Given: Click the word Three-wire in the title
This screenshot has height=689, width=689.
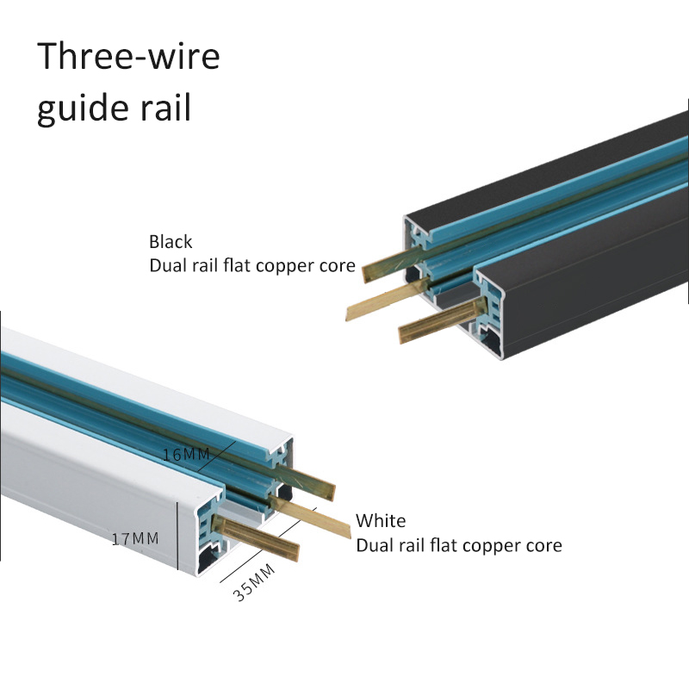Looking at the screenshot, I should [x=128, y=56].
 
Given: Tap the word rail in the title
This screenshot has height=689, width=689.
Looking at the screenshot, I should [x=163, y=110].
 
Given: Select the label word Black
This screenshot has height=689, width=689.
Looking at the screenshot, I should [x=171, y=242].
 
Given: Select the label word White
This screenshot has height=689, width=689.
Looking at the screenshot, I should [x=381, y=521].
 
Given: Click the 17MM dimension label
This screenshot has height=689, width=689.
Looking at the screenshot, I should [x=135, y=539].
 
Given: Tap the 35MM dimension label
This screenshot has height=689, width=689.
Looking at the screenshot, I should [x=254, y=583].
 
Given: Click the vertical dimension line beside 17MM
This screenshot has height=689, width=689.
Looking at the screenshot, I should [x=177, y=536].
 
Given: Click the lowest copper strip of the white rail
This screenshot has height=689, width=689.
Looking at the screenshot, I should [x=258, y=539].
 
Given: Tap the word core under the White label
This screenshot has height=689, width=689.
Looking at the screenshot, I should [x=543, y=545].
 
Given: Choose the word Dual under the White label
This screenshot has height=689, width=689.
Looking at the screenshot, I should [x=376, y=545].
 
